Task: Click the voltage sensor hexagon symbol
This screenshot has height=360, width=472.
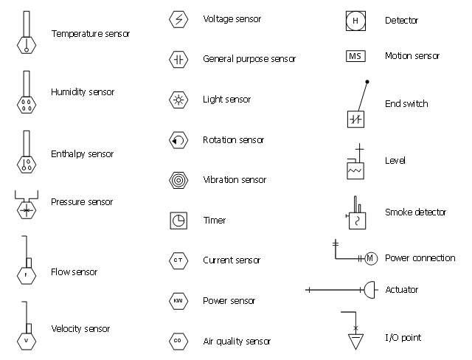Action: pos(178,19)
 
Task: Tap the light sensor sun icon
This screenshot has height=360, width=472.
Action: pos(178,100)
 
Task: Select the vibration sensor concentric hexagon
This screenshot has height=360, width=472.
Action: pos(178,180)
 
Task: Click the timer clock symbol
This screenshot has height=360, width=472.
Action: pos(178,220)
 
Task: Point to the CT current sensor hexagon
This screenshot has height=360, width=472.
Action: pos(178,260)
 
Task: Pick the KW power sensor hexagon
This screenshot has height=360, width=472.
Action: pos(178,301)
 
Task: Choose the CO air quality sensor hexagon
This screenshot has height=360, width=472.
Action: pos(178,341)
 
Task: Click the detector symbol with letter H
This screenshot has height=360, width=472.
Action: pos(355,21)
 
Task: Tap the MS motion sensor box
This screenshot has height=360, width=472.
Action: pos(355,56)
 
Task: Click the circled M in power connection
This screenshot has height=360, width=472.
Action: pos(371,257)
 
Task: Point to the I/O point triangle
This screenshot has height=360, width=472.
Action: pos(355,342)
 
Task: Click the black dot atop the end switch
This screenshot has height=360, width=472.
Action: pos(367,81)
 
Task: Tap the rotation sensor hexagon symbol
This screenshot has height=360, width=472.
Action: pos(178,139)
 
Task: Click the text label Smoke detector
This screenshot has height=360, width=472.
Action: pos(415,212)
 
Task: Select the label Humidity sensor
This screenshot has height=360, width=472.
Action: pos(83,92)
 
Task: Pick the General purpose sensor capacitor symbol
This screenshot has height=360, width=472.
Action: pos(178,59)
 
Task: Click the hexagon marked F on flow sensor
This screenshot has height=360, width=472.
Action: pos(26,274)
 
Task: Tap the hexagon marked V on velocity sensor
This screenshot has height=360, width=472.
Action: pos(26,340)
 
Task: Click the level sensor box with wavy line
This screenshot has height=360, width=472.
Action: pos(355,170)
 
